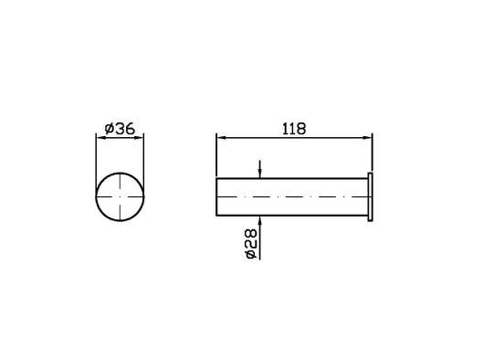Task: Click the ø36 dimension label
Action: pyautogui.click(x=120, y=129)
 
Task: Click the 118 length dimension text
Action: pyautogui.click(x=294, y=129)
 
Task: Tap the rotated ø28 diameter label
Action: pyautogui.click(x=250, y=243)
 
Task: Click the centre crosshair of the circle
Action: pyautogui.click(x=120, y=196)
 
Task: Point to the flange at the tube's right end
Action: pyautogui.click(x=371, y=196)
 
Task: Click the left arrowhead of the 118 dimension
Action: pyautogui.click(x=221, y=138)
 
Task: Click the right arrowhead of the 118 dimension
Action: pyautogui.click(x=367, y=138)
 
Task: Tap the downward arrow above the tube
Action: pyautogui.click(x=260, y=169)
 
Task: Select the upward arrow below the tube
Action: pyautogui.click(x=260, y=238)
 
